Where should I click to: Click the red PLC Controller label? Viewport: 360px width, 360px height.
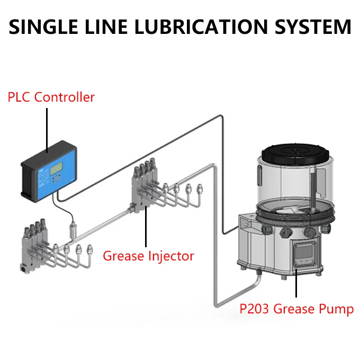pos(51,97)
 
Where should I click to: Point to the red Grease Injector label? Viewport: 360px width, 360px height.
pos(148,256)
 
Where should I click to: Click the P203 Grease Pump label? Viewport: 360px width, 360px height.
pos(296,309)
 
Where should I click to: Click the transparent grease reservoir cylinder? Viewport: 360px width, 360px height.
pos(294,180)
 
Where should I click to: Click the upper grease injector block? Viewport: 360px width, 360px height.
pos(142,185)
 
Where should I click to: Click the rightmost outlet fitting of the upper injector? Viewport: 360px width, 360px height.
pos(200,188)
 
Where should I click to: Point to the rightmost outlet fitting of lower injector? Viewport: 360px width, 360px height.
pos(89,248)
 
